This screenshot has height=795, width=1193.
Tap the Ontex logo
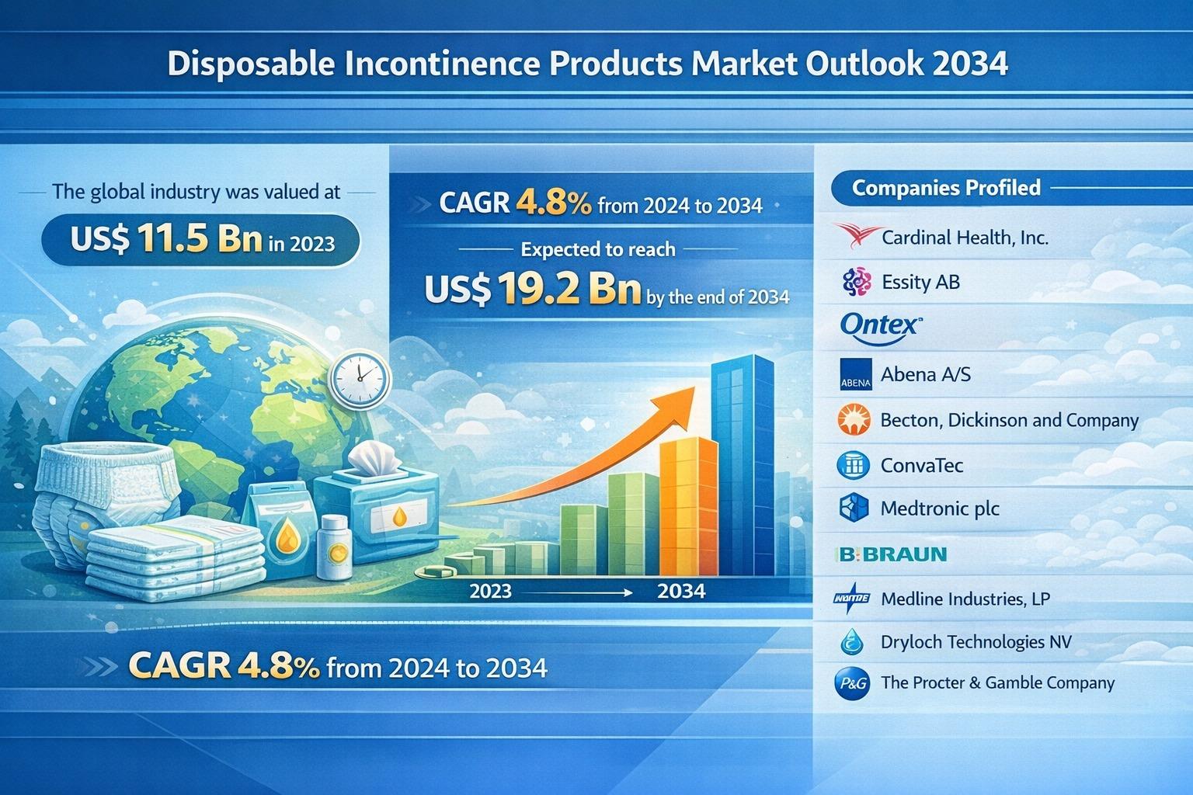(x=880, y=325)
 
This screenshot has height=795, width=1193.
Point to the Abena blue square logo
(x=856, y=374)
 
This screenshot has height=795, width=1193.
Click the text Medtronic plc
(x=940, y=509)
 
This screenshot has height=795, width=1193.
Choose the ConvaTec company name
(x=922, y=465)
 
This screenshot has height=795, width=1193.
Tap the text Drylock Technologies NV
(x=976, y=642)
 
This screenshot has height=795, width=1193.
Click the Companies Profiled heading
(x=946, y=188)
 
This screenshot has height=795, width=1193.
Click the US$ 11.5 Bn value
(x=165, y=240)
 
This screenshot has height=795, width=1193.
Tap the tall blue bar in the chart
(x=743, y=466)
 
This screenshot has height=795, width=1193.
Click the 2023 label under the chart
(x=491, y=592)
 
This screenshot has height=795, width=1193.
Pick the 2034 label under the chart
(x=681, y=592)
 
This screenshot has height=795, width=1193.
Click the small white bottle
(x=335, y=547)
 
